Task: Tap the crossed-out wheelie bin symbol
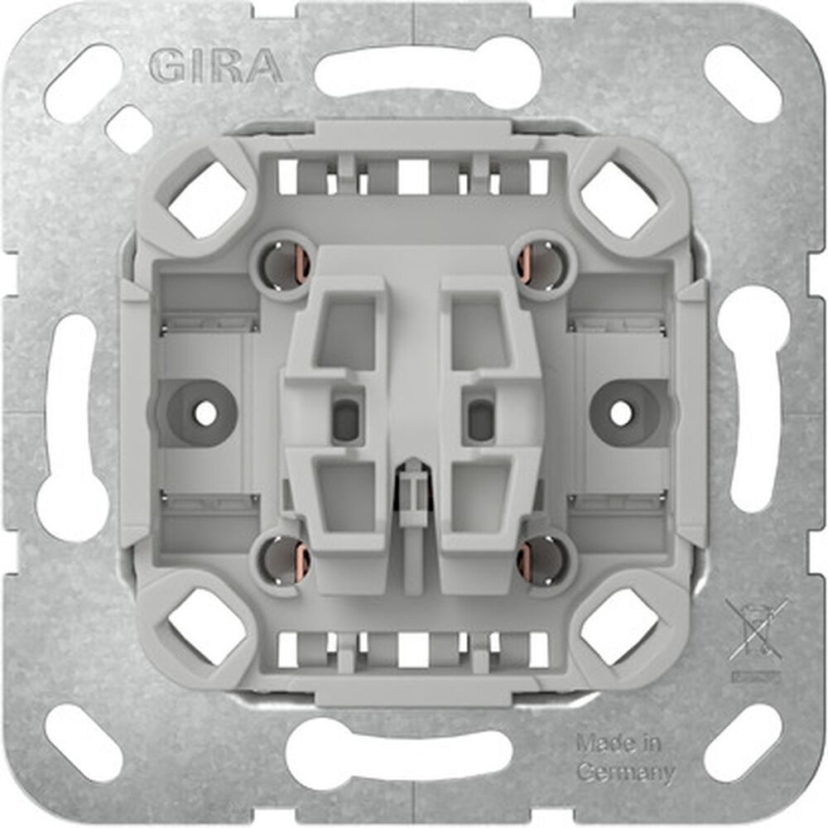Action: tap(754, 630)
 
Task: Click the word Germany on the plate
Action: tap(623, 773)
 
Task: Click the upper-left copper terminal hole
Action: tap(286, 264)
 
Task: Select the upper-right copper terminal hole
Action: tap(542, 264)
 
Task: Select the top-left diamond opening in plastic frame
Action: tap(208, 197)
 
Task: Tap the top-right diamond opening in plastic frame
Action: tap(619, 197)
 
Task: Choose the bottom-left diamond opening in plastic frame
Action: tap(208, 628)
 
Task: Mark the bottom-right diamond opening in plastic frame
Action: tap(619, 628)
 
